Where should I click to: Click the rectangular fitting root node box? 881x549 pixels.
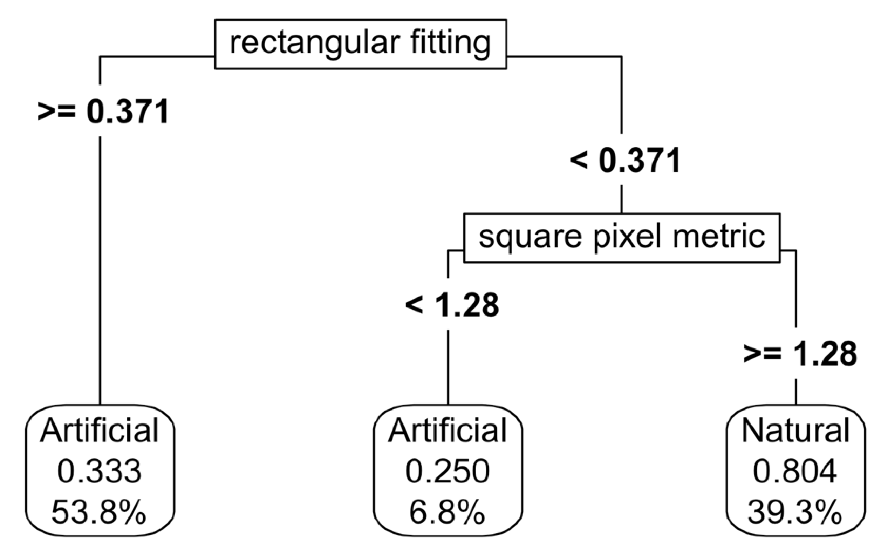point(361,44)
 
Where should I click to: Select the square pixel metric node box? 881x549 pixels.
point(621,238)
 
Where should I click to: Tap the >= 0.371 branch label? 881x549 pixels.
point(103,111)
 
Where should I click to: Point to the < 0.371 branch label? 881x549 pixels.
point(625,161)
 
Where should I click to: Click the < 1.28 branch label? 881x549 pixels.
point(452,305)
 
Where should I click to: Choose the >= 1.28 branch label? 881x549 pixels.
point(799,354)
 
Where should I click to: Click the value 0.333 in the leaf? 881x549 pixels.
point(99,471)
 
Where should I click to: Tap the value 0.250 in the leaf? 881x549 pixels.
point(447,471)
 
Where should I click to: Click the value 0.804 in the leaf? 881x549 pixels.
point(795,471)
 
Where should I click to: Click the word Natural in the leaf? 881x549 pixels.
point(795,431)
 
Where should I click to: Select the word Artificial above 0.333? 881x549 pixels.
point(99,431)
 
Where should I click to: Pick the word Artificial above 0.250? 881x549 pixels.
point(447,431)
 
